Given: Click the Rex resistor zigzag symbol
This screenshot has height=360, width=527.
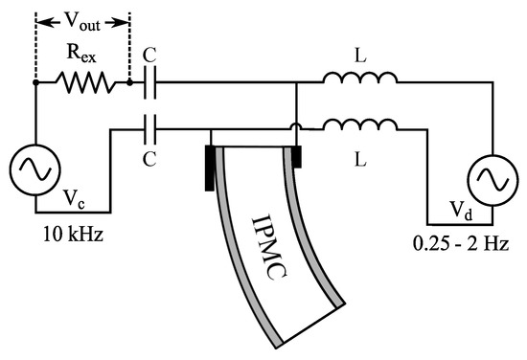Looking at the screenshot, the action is click(85, 82).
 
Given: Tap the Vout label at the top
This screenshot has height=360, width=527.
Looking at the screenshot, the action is click(82, 23).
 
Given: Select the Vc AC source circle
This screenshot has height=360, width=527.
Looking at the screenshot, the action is click(35, 169).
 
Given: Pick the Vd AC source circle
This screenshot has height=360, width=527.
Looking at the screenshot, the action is click(493, 180).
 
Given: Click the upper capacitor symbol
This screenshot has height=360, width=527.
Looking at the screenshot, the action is click(149, 82).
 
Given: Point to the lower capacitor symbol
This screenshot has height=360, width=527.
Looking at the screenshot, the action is click(149, 129).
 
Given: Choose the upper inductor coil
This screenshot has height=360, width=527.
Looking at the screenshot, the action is click(360, 78).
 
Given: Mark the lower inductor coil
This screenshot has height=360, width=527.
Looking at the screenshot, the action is click(360, 124).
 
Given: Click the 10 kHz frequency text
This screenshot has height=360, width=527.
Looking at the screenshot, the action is click(73, 234).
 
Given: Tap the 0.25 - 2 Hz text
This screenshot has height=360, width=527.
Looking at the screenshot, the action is click(461, 244).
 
